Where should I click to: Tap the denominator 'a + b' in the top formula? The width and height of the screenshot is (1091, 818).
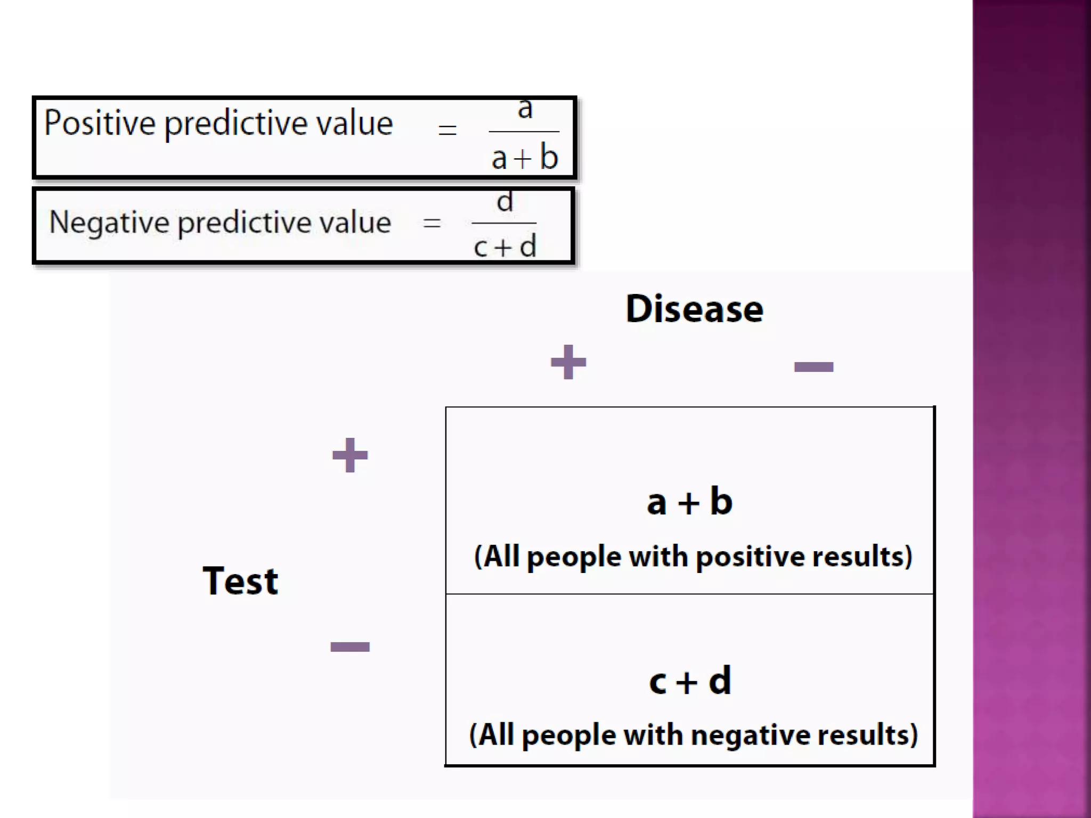525,158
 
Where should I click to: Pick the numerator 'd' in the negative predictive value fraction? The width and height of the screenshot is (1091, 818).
505,202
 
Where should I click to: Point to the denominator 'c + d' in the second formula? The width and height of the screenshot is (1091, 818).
505,247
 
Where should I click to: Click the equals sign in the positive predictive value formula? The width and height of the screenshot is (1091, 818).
447,130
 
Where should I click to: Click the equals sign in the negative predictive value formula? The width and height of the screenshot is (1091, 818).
431,223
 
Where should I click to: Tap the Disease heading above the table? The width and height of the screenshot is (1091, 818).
694,309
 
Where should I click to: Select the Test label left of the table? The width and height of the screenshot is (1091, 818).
240,580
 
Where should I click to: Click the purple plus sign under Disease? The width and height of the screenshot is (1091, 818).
568,362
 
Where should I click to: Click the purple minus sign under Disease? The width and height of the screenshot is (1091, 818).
813,366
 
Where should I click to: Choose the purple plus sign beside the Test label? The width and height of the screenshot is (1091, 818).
350,455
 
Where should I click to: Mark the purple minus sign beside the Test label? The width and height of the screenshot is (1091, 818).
350,647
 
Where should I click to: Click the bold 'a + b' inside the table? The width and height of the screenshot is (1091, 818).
690,502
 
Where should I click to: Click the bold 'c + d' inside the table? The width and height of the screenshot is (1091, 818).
690,681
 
